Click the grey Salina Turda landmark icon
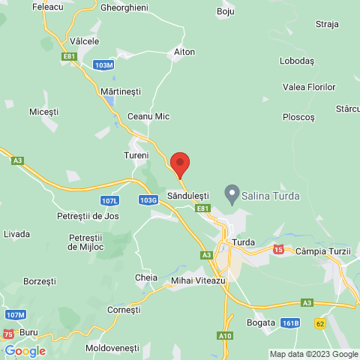(233, 195)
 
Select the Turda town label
(244, 242)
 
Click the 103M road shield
(105, 66)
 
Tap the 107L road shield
(109, 200)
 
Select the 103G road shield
(148, 200)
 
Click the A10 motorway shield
(226, 336)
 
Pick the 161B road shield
(291, 322)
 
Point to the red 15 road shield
(278, 249)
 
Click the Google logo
(25, 350)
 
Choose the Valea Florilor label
(308, 87)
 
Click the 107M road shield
(16, 314)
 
